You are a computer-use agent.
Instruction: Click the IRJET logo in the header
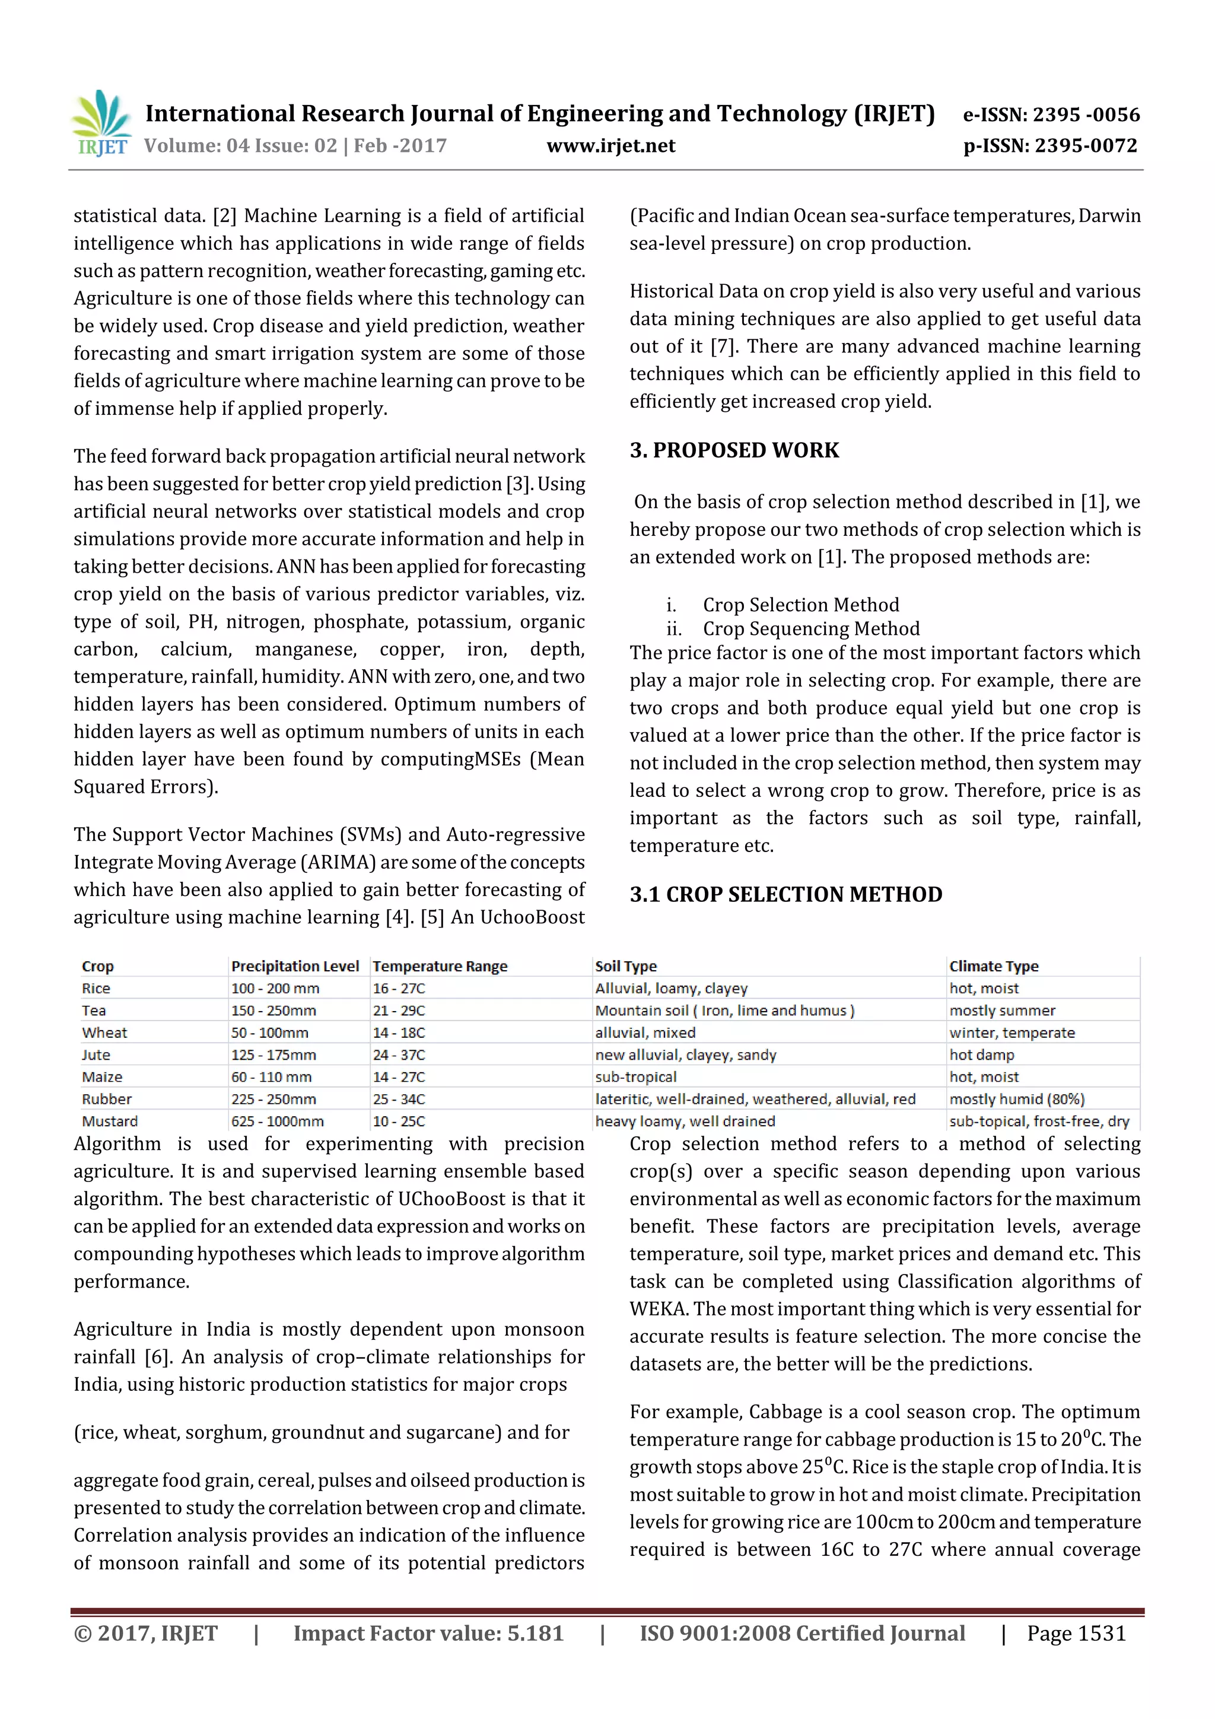pos(101,124)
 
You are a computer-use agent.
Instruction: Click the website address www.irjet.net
pos(611,145)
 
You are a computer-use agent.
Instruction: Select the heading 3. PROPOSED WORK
pos(734,450)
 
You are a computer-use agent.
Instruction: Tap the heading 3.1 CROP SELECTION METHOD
pos(785,894)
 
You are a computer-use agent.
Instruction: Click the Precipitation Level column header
pos(295,966)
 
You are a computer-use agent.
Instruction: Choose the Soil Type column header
pos(626,966)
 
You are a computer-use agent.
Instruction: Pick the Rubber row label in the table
pos(107,1099)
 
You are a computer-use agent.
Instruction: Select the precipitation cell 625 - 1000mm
pos(278,1121)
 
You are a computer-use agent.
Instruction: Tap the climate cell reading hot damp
pos(981,1055)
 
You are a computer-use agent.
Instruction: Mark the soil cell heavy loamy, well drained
pos(685,1121)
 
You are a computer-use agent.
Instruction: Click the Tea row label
pos(94,1011)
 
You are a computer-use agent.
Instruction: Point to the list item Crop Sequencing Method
pos(811,628)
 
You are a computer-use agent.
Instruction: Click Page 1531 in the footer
pos(1076,1634)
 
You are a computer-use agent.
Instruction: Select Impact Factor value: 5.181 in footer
pos(428,1634)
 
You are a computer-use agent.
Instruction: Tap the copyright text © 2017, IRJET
pos(146,1634)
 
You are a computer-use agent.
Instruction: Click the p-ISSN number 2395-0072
pos(1050,145)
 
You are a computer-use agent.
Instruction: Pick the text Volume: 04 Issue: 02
pos(241,145)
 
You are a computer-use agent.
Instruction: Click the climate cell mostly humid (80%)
pos(1017,1099)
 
